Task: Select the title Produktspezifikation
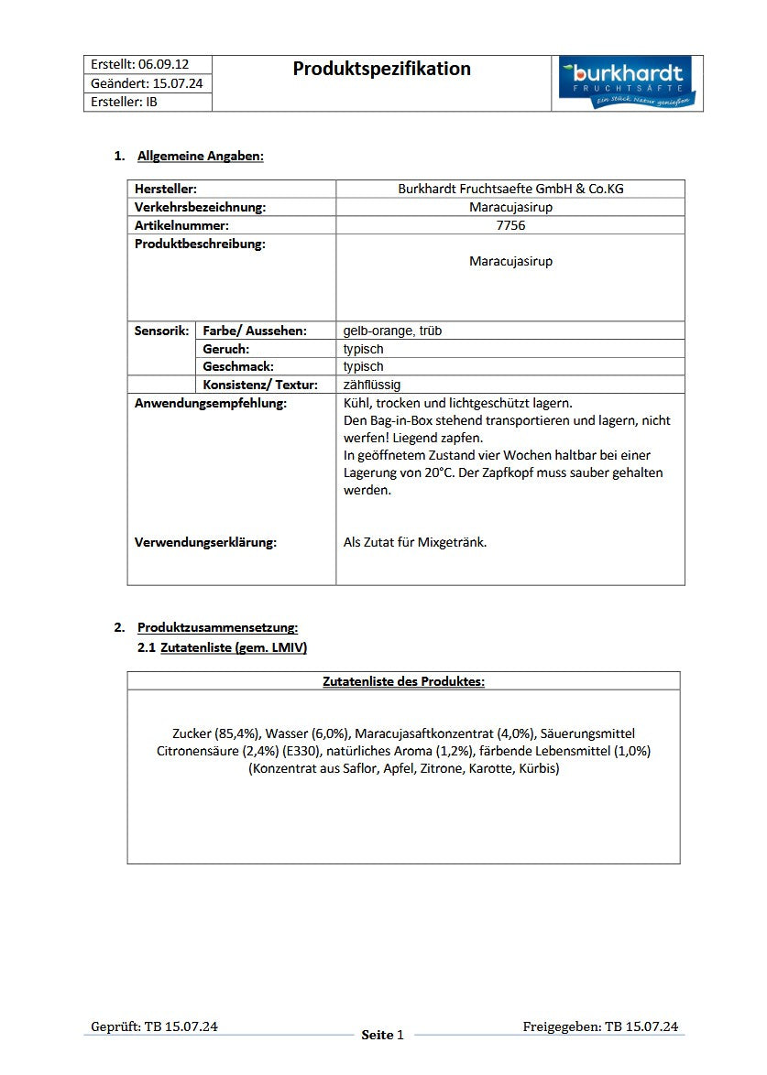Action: [382, 69]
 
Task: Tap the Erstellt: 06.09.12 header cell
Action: [140, 64]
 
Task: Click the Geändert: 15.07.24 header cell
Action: [147, 83]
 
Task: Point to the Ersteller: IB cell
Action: [125, 102]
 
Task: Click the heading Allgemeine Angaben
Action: [200, 156]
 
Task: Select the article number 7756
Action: [510, 225]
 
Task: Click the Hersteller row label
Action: [166, 189]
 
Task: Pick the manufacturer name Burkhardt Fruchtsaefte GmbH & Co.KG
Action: [510, 189]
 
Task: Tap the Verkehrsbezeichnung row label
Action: [200, 207]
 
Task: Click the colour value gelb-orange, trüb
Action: [392, 331]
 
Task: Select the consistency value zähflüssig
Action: [372, 385]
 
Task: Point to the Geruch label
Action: [226, 349]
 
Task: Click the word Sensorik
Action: [162, 331]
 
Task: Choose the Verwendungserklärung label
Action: [205, 542]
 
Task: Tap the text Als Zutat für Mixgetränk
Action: [415, 542]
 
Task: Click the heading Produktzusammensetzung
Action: [217, 627]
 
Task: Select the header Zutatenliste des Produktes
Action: [403, 681]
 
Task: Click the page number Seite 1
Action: [382, 1035]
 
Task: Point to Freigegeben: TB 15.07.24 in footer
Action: [600, 1026]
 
